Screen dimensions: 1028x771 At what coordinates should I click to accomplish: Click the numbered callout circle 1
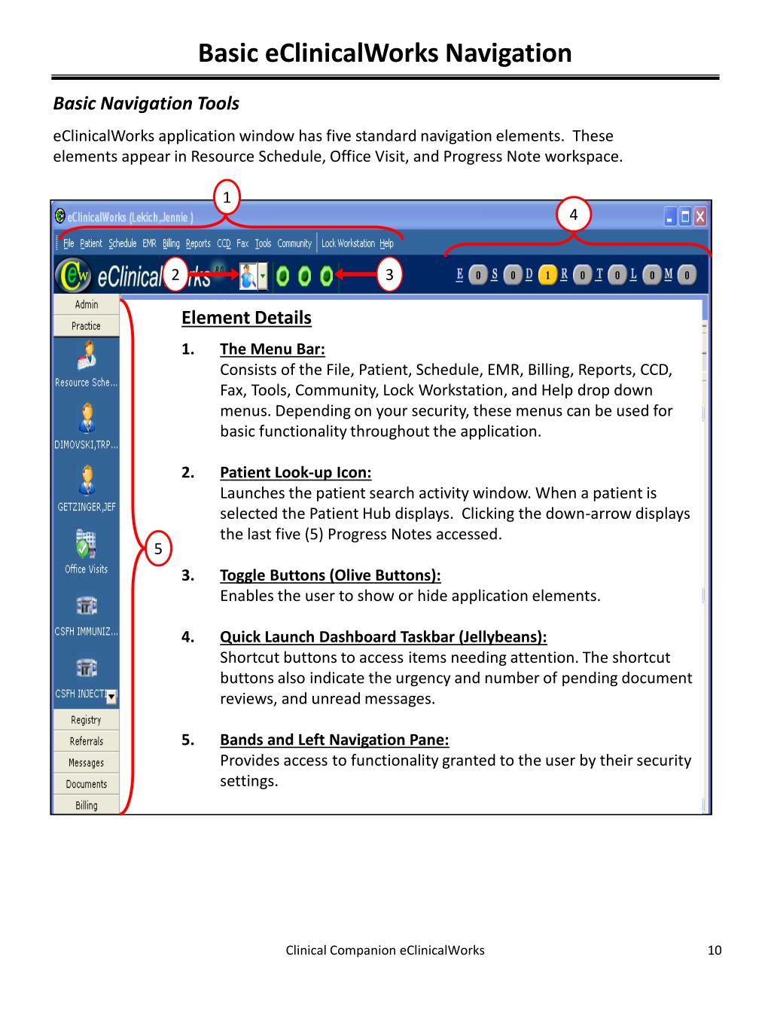point(227,198)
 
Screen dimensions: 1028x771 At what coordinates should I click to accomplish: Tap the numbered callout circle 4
point(574,215)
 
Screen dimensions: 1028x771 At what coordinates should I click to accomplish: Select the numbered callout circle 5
point(158,548)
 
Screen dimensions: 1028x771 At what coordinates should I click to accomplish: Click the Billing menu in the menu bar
point(171,243)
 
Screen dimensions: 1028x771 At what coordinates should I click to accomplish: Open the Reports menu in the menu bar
point(198,243)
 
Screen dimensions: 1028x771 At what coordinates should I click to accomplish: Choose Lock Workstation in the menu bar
point(348,243)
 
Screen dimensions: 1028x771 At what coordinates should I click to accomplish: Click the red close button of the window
point(701,217)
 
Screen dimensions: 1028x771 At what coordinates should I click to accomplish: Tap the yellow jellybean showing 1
point(548,275)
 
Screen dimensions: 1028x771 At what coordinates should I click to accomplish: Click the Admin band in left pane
point(87,304)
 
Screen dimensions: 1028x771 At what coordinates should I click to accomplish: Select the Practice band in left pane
point(87,326)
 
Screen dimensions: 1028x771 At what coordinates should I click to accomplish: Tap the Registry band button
point(87,720)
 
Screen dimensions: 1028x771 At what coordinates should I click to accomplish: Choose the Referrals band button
point(87,741)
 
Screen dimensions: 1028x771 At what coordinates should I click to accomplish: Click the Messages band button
point(87,763)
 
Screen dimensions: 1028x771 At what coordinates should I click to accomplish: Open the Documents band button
point(87,784)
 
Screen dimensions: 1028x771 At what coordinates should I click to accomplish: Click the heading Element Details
point(246,318)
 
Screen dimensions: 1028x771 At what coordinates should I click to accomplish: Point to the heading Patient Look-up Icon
point(295,473)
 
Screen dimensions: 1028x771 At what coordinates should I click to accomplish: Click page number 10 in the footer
point(715,950)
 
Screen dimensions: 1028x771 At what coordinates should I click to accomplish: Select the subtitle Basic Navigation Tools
point(146,104)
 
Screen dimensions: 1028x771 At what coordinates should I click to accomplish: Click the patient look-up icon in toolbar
point(248,276)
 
